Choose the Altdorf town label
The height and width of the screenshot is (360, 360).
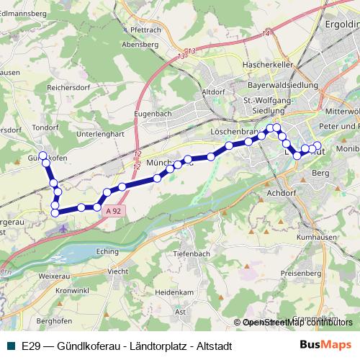tap(214, 92)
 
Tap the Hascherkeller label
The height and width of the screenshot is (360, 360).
tap(264, 66)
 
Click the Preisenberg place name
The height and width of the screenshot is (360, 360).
tap(300, 273)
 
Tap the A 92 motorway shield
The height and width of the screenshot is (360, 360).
tap(112, 211)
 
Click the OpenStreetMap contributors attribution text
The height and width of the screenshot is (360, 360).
tap(297, 323)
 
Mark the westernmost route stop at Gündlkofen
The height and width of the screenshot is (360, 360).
tap(42, 154)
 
